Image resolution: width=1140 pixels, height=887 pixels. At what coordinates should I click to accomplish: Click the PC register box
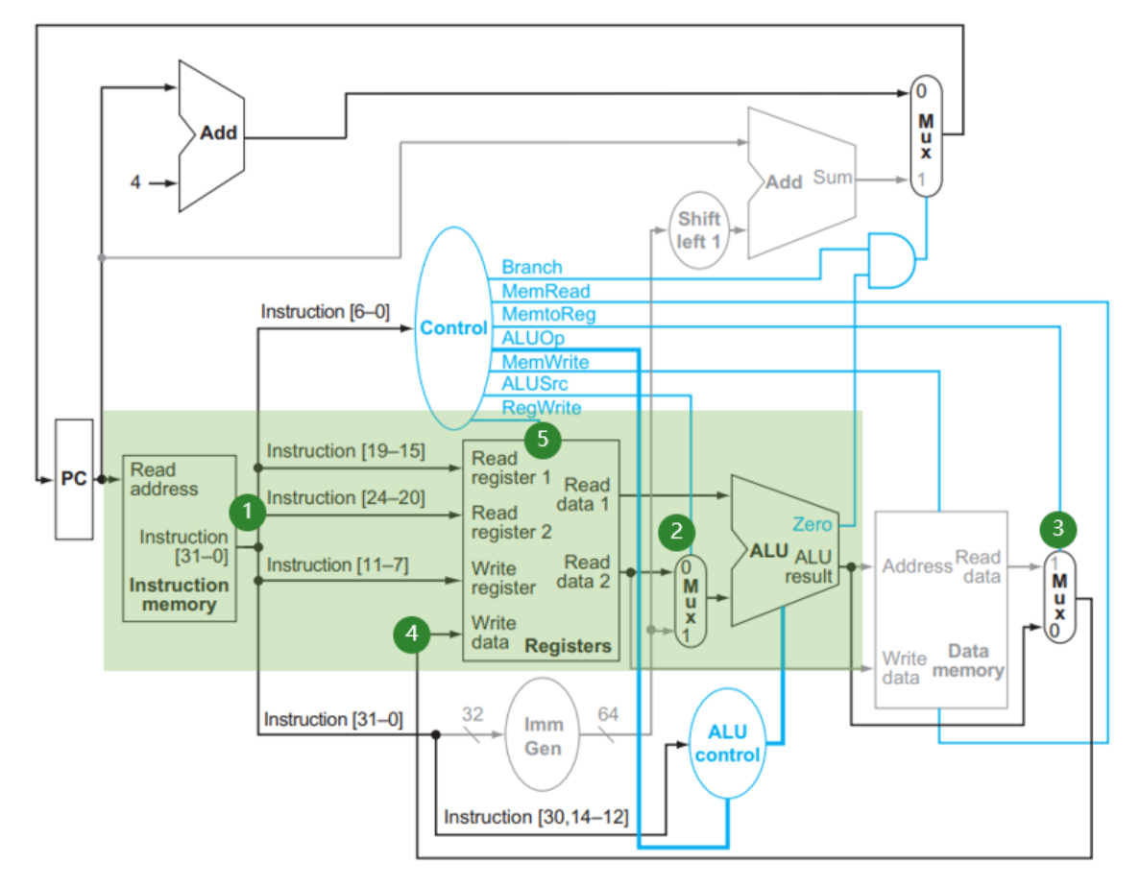pos(74,478)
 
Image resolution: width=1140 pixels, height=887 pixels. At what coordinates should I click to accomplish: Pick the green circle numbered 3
pos(1058,527)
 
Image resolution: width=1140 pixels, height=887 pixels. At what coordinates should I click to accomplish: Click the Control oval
pos(453,328)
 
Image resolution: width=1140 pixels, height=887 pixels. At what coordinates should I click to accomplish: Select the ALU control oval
pos(727,742)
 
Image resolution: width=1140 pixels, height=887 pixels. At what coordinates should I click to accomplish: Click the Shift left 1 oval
pos(698,229)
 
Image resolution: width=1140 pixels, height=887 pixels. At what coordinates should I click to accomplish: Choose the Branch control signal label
pos(532,267)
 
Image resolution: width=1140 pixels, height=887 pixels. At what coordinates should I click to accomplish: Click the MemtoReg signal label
pos(547,314)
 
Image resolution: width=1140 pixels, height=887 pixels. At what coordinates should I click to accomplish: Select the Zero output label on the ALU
pos(813,524)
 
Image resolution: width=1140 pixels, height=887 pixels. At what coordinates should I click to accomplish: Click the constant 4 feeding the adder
pos(135,181)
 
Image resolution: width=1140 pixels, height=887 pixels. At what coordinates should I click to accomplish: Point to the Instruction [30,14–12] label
pos(535,817)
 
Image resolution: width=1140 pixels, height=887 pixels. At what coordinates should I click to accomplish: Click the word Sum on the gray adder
pos(832,177)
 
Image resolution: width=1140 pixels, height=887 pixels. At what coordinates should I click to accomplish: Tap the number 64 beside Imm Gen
pos(608,714)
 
